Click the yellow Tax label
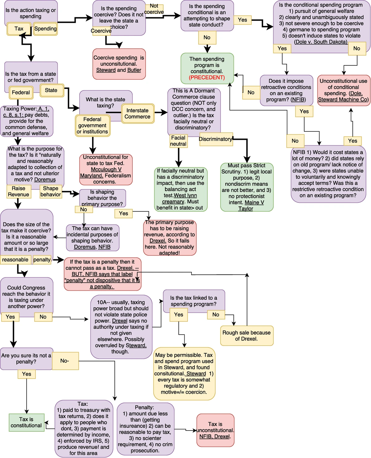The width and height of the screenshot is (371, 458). [19, 29]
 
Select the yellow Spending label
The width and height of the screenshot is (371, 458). [45, 29]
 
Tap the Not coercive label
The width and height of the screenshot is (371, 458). [154, 9]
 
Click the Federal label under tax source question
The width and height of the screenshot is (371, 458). [21, 93]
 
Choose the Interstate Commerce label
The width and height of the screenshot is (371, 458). [138, 114]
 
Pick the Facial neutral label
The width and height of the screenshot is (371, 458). [178, 141]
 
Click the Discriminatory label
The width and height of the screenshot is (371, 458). [215, 139]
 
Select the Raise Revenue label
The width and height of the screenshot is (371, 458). [19, 191]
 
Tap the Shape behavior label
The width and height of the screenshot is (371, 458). [51, 191]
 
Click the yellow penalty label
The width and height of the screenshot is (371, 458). [42, 260]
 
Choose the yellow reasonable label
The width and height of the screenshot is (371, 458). [15, 260]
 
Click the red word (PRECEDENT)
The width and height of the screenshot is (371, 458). [207, 77]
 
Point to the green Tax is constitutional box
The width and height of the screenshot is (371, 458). [26, 422]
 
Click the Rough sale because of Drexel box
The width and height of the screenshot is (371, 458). [246, 335]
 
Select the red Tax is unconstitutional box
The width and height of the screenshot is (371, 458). [215, 430]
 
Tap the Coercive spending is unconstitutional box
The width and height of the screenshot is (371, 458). [119, 64]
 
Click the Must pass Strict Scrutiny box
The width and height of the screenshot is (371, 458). [246, 187]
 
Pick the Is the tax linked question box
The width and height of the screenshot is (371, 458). [194, 301]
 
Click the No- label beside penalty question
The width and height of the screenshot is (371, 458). [65, 361]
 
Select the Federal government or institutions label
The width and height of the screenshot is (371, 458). [92, 125]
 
